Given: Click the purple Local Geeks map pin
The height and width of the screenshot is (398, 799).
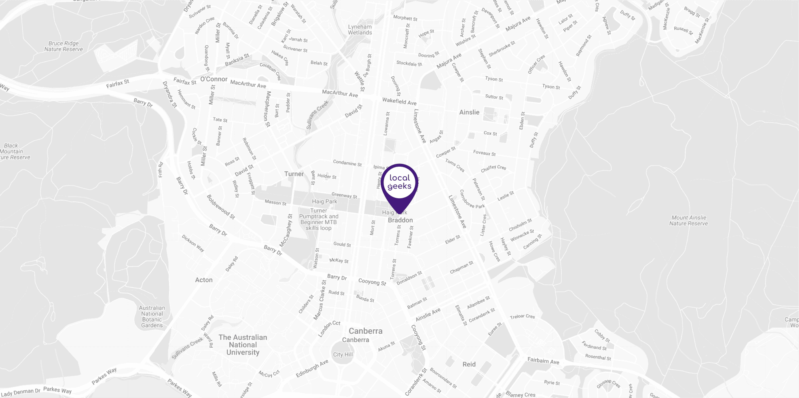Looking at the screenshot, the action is (x=399, y=183).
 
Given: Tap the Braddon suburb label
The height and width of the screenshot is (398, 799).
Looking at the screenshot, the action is (x=400, y=220).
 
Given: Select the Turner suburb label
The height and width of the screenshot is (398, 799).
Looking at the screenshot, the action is (x=294, y=174).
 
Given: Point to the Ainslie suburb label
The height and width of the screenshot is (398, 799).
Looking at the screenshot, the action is (x=469, y=112).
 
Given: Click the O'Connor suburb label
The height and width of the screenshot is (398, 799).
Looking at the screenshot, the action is (x=214, y=79).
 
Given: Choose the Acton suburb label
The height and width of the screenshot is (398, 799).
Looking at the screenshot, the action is (x=204, y=280).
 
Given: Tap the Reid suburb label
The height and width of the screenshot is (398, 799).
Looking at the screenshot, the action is (x=469, y=364).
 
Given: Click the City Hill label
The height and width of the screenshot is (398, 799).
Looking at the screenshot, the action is (x=343, y=354).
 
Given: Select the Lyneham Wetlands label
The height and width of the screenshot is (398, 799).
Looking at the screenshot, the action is (x=360, y=30).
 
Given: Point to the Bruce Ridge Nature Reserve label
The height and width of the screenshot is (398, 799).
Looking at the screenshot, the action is (x=64, y=46).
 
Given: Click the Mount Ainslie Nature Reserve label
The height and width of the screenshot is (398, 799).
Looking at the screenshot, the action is (x=688, y=221).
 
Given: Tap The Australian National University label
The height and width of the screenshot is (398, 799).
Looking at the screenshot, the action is (x=243, y=345).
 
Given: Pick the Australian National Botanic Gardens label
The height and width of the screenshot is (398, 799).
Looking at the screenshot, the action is (x=152, y=317).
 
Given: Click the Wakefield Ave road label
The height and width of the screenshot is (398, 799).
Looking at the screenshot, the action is (x=399, y=101).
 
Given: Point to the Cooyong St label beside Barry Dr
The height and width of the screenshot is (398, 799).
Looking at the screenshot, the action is (x=372, y=282).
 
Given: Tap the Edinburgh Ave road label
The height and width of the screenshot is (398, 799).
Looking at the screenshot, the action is (x=312, y=368).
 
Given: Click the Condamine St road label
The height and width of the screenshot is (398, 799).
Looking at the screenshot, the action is (x=347, y=163).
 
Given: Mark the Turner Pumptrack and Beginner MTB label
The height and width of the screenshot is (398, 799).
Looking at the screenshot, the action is (x=318, y=219).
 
